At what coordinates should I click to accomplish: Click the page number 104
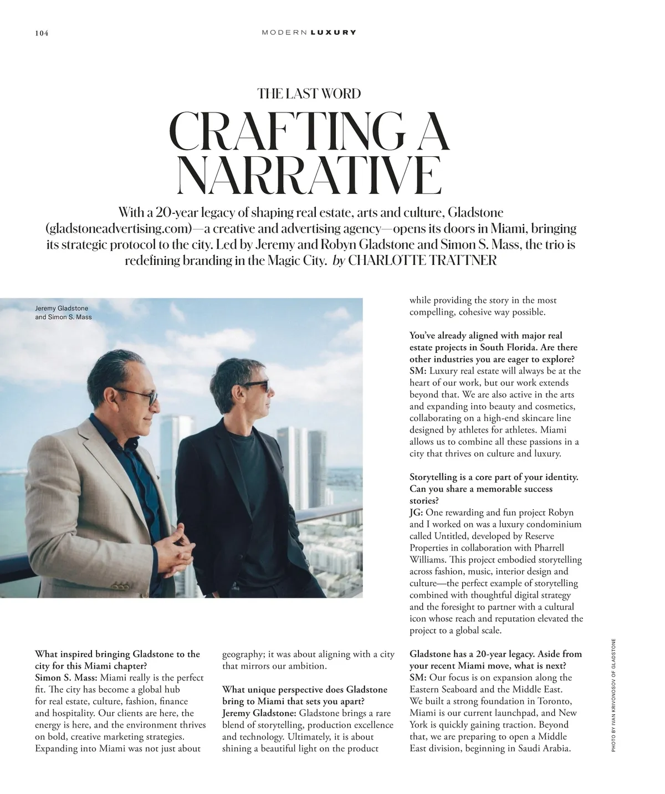42,33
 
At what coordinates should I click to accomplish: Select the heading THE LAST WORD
309,94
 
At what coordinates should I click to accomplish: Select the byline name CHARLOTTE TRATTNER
422,260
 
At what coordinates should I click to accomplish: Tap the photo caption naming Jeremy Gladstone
62,309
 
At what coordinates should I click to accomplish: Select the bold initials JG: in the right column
416,513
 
